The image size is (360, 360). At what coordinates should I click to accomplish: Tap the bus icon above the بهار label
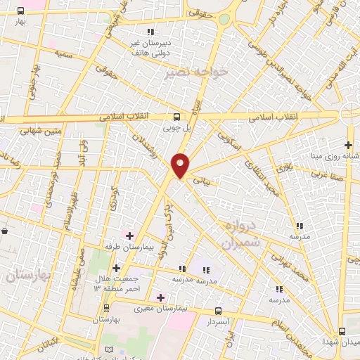point(20,11)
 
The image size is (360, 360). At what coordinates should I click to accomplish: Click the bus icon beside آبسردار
point(217,310)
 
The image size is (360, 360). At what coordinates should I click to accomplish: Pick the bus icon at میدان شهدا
point(342,330)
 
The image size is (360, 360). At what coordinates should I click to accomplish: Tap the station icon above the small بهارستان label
point(108,308)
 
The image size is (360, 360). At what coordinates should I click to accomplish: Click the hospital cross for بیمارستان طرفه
point(128,234)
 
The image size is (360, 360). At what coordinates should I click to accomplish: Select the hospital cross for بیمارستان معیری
point(160,297)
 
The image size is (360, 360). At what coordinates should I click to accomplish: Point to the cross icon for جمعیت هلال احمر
point(116,267)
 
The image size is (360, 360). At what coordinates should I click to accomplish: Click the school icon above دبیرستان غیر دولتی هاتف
point(150,32)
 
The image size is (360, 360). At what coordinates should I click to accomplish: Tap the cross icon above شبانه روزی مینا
point(348,144)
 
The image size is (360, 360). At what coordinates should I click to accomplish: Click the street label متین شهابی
point(43,130)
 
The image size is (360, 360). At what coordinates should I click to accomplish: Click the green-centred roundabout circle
point(224,20)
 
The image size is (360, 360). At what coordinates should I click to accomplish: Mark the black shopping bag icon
point(5,230)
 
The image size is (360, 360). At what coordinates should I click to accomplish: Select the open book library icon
point(108,349)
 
